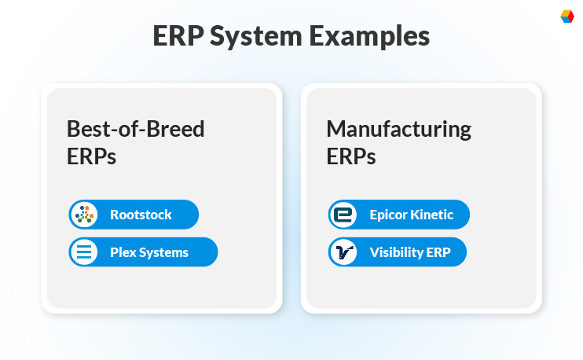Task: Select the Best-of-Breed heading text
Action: click(135, 129)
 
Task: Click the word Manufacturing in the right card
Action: click(398, 129)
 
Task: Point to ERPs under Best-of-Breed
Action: click(91, 156)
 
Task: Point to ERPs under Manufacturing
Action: click(350, 156)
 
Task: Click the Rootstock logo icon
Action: click(82, 215)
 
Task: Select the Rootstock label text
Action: click(141, 215)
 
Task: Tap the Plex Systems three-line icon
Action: click(82, 252)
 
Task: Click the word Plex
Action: click(123, 252)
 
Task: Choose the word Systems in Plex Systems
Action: click(163, 252)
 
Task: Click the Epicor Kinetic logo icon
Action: click(342, 215)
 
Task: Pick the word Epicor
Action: click(389, 215)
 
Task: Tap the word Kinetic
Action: click(433, 215)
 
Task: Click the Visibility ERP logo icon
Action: click(342, 252)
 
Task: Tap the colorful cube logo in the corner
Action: click(566, 16)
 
